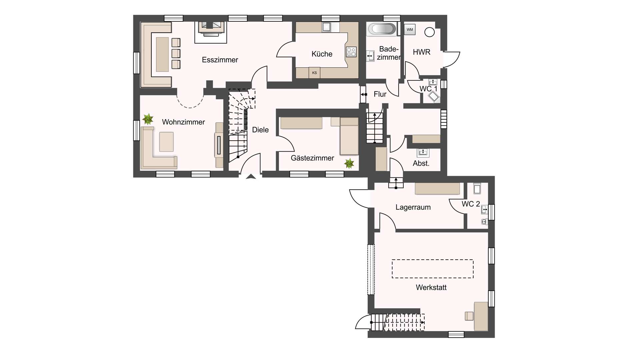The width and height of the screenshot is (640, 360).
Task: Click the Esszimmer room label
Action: tap(220, 60)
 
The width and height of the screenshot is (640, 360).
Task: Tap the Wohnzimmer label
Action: tap(183, 122)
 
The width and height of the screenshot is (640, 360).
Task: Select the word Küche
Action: tap(322, 54)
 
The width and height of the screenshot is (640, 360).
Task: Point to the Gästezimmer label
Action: tap(312, 158)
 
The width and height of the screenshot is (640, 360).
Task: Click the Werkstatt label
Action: tap(431, 287)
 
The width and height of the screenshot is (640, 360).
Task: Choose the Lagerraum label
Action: tap(413, 207)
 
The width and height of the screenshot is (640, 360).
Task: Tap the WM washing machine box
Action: tap(410, 30)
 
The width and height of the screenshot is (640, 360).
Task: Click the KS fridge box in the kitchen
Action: tap(314, 73)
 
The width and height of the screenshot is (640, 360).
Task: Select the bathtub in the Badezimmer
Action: tap(382, 29)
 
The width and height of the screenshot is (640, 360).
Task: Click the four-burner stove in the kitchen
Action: tap(351, 52)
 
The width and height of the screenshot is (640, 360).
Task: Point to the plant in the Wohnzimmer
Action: tap(148, 119)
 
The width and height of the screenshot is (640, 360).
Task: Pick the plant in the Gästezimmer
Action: tap(349, 163)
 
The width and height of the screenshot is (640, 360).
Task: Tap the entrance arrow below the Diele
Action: tap(251, 177)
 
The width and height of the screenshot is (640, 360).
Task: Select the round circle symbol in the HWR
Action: tap(430, 32)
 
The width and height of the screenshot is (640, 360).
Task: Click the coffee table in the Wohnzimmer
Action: tap(166, 142)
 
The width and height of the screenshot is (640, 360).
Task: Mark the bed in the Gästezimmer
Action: tap(349, 136)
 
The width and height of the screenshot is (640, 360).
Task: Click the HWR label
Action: tap(422, 52)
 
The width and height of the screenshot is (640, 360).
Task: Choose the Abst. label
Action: tap(421, 163)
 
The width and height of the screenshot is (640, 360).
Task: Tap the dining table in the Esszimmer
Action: tap(162, 54)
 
